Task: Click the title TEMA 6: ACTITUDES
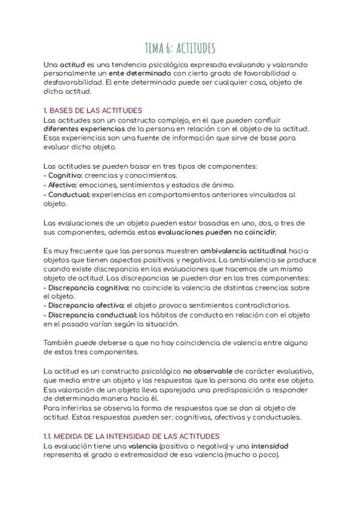tap(180, 48)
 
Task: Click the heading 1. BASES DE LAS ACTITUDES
tap(93, 110)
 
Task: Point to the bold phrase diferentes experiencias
tap(85, 129)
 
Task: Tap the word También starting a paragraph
tap(59, 343)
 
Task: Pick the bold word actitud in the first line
tap(71, 64)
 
